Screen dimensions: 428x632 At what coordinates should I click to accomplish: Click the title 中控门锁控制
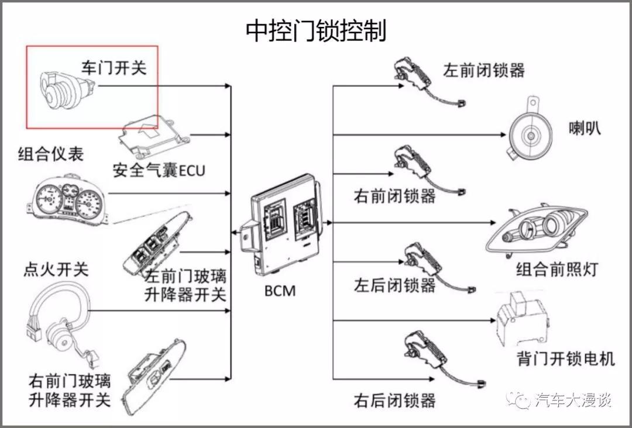click(x=315, y=30)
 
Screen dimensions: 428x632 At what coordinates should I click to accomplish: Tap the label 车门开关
click(x=113, y=67)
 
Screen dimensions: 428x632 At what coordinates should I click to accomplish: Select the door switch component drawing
click(x=64, y=92)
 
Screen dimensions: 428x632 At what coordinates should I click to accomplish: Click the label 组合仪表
click(x=51, y=154)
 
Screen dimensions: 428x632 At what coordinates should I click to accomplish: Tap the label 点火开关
click(x=56, y=270)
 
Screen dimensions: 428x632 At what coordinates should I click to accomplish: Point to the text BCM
click(x=279, y=289)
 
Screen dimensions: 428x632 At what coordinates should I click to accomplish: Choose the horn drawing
click(x=527, y=133)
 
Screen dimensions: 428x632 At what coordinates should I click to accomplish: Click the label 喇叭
click(x=585, y=128)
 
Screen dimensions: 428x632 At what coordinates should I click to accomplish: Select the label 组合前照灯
click(x=557, y=270)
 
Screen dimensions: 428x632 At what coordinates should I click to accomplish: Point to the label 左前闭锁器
click(x=483, y=70)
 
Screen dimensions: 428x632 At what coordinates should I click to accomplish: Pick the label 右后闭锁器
click(x=394, y=401)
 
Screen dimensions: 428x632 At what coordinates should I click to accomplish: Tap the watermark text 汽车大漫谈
click(x=573, y=401)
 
